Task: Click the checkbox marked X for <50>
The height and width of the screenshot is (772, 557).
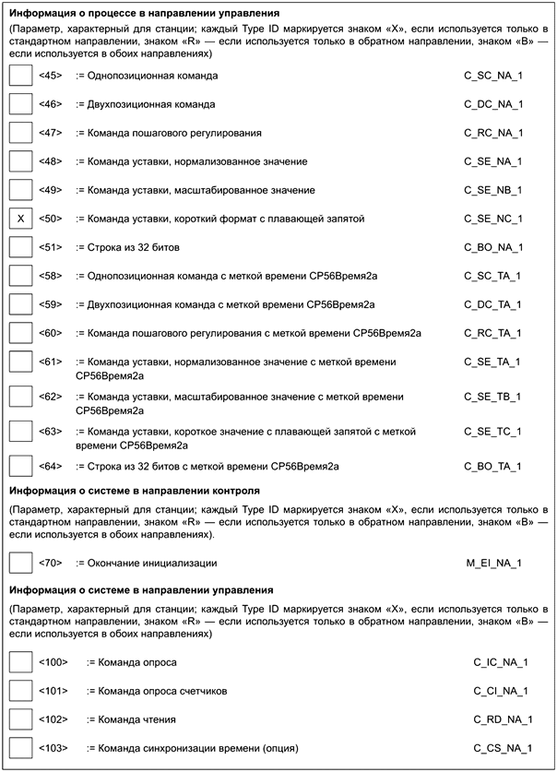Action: (19, 219)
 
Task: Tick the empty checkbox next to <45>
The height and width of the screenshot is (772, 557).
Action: (19, 76)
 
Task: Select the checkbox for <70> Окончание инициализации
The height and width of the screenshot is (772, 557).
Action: (19, 562)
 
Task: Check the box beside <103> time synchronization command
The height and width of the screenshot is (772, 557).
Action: (19, 747)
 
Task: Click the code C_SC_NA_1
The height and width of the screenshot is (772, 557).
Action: (493, 76)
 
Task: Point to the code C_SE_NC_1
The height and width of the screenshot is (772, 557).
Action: (493, 219)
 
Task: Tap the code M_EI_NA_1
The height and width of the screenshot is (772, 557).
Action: (494, 562)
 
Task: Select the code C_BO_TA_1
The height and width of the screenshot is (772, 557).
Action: (493, 467)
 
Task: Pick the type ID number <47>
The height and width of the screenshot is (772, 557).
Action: (51, 133)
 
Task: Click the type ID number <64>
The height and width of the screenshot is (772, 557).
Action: (51, 467)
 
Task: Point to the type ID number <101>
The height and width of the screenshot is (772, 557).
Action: (53, 690)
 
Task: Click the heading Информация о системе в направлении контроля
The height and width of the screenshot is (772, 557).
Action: (134, 490)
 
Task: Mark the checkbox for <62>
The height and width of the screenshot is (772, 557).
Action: (19, 398)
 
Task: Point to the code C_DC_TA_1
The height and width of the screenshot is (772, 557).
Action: (493, 304)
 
